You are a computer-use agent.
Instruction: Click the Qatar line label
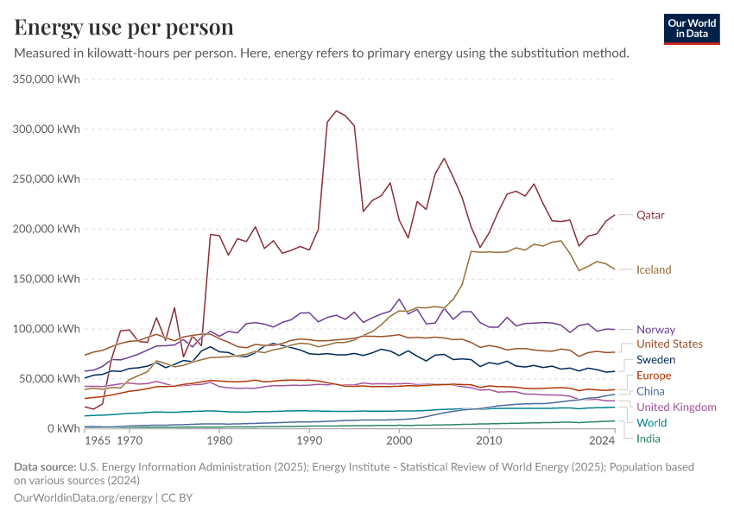pos(650,215)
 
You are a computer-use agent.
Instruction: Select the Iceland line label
pos(654,269)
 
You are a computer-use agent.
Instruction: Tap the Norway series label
pos(655,329)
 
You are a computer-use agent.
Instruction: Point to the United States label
pos(669,344)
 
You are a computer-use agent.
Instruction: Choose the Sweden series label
pos(655,359)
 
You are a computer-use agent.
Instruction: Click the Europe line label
pos(654,376)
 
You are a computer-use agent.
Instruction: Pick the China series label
pos(650,391)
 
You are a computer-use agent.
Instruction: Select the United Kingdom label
pos(676,407)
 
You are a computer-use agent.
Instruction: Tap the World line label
pos(652,422)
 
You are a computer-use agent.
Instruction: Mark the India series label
pos(649,438)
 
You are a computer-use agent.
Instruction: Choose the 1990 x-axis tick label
pos(309,440)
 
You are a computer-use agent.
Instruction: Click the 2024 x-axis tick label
pos(602,440)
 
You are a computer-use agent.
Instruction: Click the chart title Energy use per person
pos(124,28)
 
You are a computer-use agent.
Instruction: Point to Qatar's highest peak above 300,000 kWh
pos(336,111)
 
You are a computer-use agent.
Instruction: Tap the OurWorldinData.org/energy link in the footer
pos(83,498)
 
